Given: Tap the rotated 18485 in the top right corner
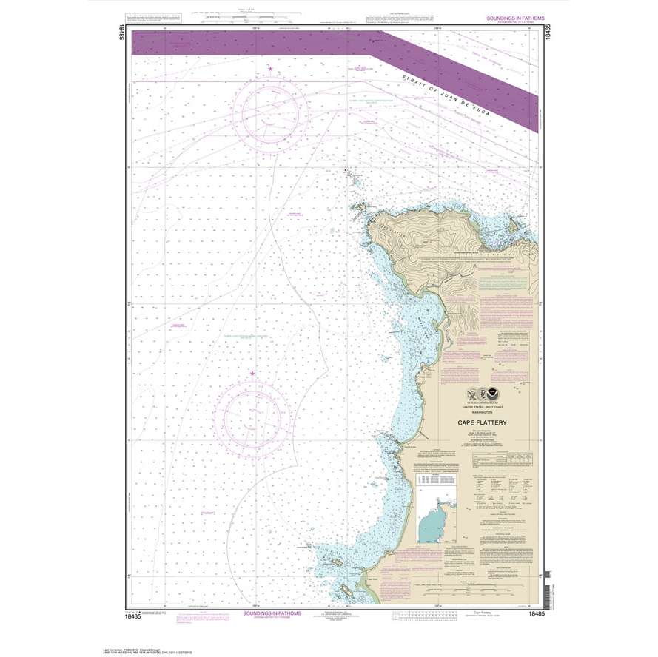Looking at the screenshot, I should pyautogui.click(x=548, y=37).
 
